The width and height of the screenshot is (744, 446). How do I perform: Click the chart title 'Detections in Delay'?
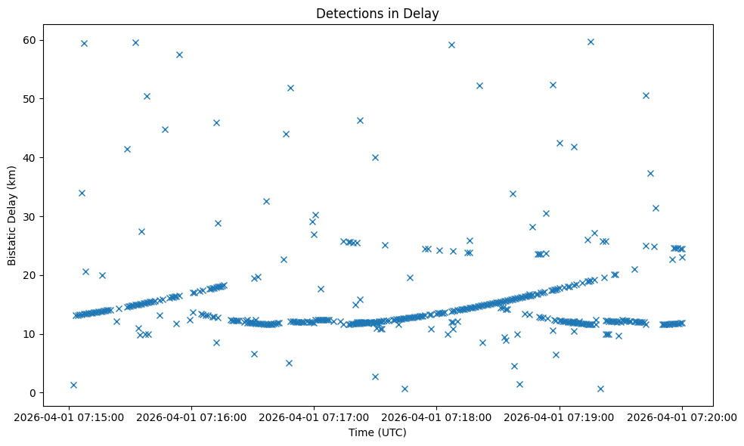377,14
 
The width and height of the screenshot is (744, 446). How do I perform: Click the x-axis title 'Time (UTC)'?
377,432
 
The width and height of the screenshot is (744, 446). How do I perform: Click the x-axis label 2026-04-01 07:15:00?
69,416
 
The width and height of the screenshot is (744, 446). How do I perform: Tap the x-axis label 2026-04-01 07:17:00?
314,416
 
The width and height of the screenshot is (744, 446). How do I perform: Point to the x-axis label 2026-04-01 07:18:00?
436,416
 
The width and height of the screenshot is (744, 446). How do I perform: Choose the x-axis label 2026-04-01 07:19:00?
559,416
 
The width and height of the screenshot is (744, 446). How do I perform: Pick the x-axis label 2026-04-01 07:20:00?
681,416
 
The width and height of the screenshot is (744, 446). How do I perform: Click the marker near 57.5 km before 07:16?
179,54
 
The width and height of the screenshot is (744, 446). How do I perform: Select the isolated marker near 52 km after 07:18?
479,85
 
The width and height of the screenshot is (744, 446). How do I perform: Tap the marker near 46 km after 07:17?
360,120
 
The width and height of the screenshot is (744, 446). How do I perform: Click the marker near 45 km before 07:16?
165,129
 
